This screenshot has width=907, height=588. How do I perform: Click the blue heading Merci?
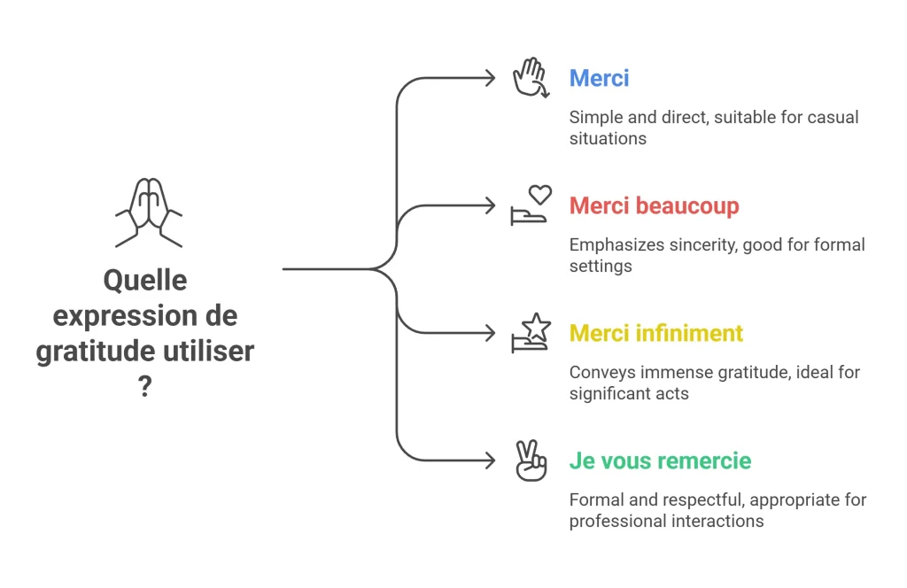point(599,78)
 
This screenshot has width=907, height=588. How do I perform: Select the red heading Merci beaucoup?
point(655,205)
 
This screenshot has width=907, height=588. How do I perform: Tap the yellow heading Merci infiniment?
point(656,333)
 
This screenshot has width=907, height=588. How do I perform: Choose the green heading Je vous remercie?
point(660,460)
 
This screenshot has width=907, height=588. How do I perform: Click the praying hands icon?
point(149,213)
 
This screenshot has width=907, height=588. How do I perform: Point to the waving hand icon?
point(531,77)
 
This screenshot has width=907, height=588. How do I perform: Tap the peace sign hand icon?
point(531,460)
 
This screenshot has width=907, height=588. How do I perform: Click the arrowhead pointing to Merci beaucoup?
point(491,205)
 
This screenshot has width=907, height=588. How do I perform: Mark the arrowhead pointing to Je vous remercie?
point(491,460)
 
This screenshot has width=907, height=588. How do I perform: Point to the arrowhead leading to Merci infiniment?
point(491,333)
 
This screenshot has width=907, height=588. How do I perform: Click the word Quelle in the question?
point(145,281)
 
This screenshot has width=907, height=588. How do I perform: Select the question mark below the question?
point(145,386)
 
